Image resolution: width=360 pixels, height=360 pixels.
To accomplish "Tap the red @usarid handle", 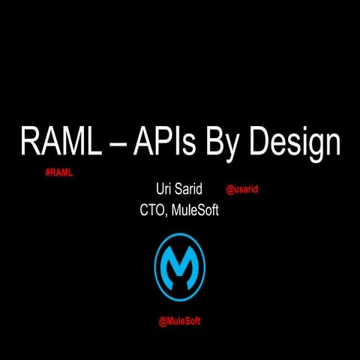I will pos(241,190).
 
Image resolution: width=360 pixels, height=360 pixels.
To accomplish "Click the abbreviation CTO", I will pos(153,211).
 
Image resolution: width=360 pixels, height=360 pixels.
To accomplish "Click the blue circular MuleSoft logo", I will pos(179,266).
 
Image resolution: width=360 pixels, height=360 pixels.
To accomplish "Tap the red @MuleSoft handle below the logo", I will pos(179,321).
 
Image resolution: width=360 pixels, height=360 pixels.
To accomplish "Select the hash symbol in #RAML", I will pos(48,172).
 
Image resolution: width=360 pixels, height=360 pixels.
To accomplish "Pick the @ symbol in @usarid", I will pos(229,190).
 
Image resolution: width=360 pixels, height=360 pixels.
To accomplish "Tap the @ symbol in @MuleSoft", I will pos(162,321).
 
